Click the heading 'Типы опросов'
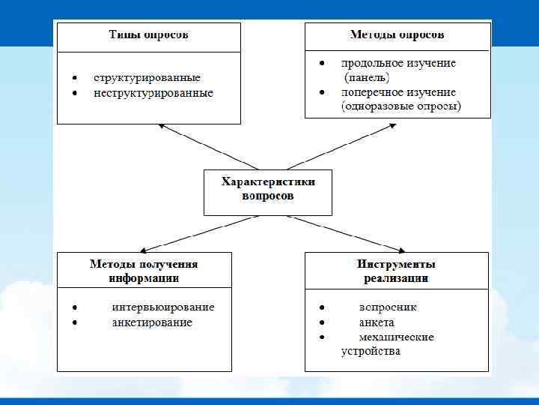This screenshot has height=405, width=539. (x=148, y=35)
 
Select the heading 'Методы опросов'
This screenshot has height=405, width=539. (x=397, y=35)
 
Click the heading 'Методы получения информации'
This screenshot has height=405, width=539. (x=144, y=271)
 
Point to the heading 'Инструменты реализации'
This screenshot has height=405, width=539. (x=396, y=271)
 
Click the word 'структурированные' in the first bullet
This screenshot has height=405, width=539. (x=147, y=77)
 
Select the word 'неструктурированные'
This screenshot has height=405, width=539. (x=153, y=93)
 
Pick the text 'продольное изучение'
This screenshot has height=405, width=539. (x=398, y=63)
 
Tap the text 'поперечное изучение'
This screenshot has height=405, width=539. (x=398, y=92)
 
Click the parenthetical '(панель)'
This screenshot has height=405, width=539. (x=367, y=77)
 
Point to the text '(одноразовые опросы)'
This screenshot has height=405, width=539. (x=401, y=106)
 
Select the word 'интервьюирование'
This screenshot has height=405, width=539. (x=163, y=307)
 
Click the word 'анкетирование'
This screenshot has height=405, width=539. (x=152, y=322)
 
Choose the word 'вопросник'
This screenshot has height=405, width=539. (x=388, y=307)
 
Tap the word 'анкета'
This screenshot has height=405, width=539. (x=377, y=322)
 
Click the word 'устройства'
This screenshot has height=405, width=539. (x=371, y=351)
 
